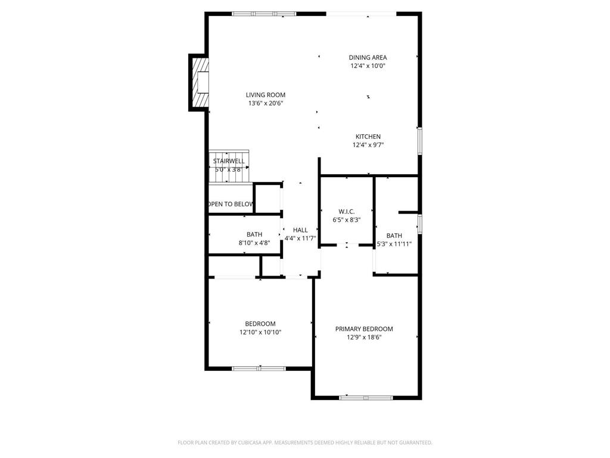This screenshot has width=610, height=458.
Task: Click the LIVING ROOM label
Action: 266,95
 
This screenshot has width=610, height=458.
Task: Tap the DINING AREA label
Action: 368,58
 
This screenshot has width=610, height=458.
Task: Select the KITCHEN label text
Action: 368,137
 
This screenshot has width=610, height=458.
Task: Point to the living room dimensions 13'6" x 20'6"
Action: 266,103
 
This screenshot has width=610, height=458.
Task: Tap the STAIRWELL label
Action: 229,161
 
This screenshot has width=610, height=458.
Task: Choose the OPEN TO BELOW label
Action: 231,204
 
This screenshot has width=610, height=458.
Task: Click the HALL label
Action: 300,230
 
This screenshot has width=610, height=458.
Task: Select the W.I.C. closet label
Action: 347,212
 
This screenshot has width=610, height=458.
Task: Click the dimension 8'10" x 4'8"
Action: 254,243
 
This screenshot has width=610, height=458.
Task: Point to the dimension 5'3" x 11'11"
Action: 394,244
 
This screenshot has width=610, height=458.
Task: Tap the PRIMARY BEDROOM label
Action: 364,329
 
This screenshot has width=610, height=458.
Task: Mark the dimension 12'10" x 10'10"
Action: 260,332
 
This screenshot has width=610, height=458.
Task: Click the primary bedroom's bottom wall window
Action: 366,397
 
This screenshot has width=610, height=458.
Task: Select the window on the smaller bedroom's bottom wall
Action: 259,369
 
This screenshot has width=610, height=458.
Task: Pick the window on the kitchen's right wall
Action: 420,141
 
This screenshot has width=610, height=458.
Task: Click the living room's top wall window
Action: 264,13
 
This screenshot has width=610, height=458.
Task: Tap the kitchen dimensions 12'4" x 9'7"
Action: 368,144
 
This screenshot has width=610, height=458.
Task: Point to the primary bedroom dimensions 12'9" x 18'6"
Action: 364,337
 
